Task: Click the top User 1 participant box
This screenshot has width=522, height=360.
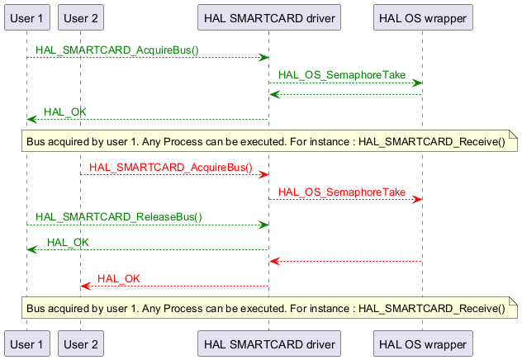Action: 27,17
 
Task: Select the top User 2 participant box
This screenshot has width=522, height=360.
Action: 81,17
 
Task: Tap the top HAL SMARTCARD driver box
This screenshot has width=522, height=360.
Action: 268,17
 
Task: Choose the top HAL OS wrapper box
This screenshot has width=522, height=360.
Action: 421,17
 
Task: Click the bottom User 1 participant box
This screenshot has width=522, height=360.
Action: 27,343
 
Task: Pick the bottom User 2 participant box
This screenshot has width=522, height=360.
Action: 81,343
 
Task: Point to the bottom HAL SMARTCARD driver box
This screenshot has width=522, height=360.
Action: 268,343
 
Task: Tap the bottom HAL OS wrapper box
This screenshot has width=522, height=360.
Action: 421,343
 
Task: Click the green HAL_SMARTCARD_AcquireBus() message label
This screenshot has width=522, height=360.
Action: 116,50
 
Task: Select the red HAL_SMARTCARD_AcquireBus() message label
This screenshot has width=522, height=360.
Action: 170,167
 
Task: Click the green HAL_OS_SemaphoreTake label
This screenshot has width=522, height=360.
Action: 341,75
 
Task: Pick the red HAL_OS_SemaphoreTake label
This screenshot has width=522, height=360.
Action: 341,192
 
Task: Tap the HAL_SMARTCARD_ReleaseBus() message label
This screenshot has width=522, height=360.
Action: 118,217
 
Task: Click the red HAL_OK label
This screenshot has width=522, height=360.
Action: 119,279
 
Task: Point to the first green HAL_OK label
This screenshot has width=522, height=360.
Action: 64,112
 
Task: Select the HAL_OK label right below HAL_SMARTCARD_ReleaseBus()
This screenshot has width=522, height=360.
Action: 68,242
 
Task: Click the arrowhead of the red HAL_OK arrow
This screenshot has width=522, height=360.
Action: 84,286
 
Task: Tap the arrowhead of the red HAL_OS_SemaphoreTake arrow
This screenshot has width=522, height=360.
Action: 418,199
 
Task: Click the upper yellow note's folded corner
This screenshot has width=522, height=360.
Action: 512,134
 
